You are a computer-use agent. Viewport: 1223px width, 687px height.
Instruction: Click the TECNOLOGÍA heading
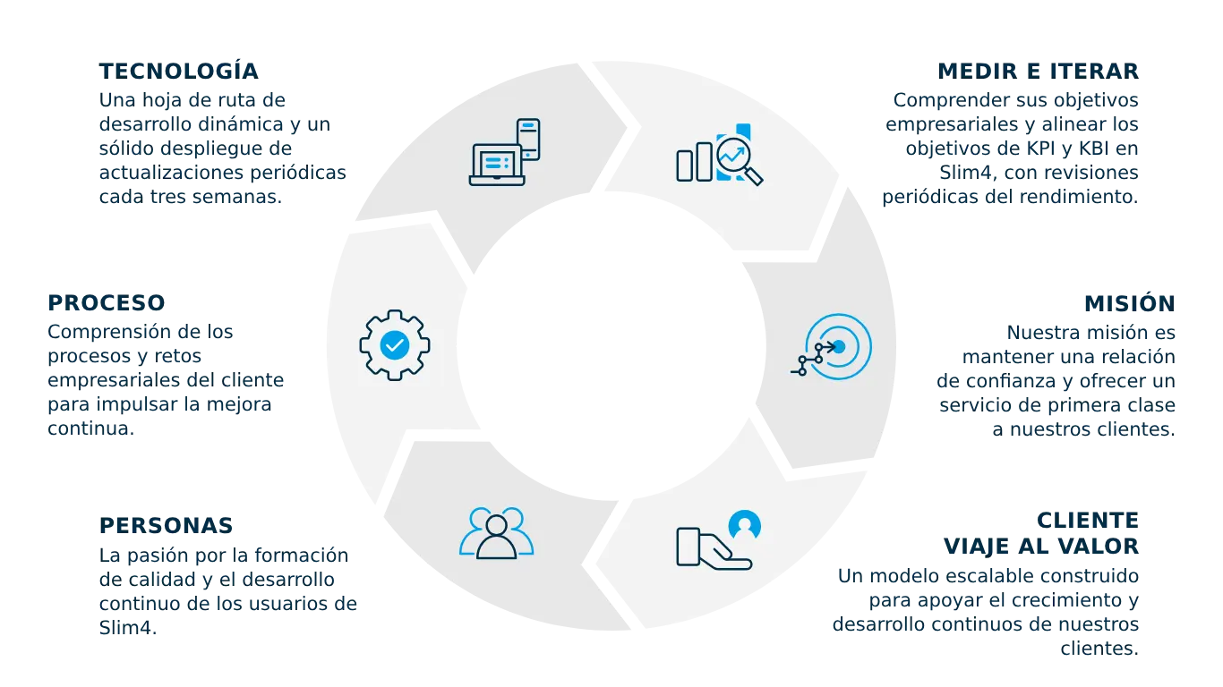(x=180, y=70)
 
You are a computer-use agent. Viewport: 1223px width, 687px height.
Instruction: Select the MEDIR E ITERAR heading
(x=1038, y=70)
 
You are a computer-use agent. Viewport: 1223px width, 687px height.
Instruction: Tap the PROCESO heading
(x=105, y=304)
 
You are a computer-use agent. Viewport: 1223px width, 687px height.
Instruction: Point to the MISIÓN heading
(x=1127, y=304)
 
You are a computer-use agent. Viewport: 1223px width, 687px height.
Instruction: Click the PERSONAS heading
(x=167, y=524)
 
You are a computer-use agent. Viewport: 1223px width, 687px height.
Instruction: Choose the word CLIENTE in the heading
(x=1087, y=519)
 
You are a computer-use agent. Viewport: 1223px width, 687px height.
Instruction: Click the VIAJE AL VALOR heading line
(x=1040, y=546)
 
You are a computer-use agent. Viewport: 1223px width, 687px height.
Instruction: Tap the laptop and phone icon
(x=505, y=152)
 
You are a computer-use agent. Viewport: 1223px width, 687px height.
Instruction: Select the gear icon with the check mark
(x=395, y=344)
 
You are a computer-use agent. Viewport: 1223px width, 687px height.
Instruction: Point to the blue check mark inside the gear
(x=395, y=344)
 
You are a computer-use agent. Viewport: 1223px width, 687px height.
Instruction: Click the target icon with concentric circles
(x=834, y=347)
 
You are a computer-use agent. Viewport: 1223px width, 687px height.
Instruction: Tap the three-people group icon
(x=497, y=534)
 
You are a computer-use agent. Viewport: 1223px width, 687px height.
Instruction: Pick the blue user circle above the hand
(x=744, y=524)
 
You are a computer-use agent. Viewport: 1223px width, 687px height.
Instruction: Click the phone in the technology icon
(x=529, y=139)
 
